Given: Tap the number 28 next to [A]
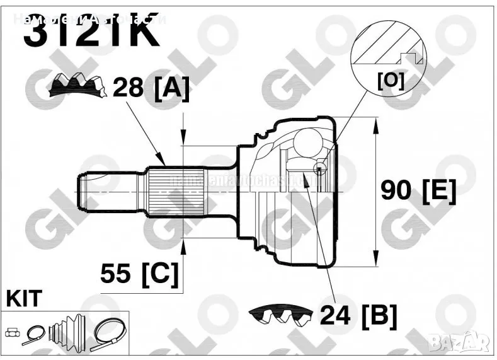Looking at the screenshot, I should (x=128, y=89).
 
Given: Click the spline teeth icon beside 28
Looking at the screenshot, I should (x=79, y=84).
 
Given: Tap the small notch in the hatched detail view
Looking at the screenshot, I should (x=415, y=58).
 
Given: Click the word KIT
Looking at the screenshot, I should (x=23, y=299).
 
